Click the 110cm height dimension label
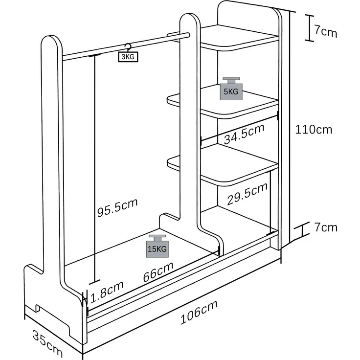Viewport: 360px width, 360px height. click(x=314, y=130)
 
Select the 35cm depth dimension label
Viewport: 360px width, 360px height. click(x=47, y=343)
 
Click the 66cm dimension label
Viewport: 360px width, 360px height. click(x=158, y=271)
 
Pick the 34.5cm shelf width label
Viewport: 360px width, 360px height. click(x=244, y=135)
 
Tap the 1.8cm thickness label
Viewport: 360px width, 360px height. click(x=107, y=292)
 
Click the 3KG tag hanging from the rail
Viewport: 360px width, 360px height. click(x=128, y=56)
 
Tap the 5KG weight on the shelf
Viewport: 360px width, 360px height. click(x=231, y=89)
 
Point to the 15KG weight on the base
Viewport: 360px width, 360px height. click(x=157, y=246)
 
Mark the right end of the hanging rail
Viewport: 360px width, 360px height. click(x=188, y=35)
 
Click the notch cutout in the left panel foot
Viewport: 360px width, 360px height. click(x=38, y=308)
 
